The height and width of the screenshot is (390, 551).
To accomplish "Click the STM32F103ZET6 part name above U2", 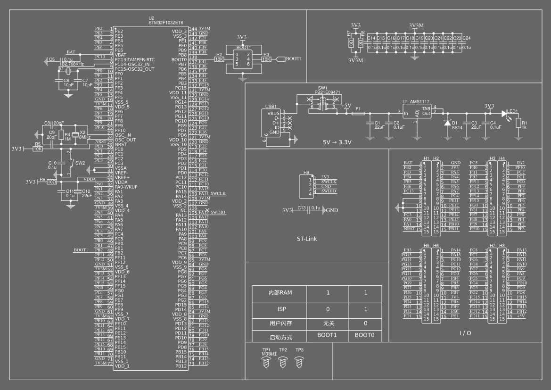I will pos(166,22).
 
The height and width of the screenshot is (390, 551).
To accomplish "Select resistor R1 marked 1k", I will pos(518,123).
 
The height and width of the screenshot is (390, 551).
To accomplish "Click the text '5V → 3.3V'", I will pos(337,142).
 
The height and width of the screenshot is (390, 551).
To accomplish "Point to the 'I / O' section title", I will pos(465,333).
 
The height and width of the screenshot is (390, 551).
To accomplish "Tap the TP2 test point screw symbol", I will pos(283,362).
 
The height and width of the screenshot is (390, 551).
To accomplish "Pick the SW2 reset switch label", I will pos(80,163).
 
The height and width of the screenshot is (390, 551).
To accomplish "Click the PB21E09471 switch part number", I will pos(328,92).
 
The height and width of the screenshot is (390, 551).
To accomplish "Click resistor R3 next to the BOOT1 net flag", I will pos(266,59).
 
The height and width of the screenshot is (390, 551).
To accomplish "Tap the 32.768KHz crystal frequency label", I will pos(73,64).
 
